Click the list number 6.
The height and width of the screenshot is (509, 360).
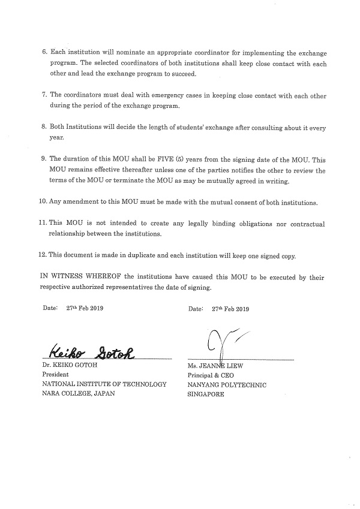click(x=44, y=53)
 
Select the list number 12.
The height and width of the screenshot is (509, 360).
click(x=41, y=255)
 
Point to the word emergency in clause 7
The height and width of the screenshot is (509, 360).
click(x=166, y=95)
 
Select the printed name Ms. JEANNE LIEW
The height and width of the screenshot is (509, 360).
click(x=219, y=365)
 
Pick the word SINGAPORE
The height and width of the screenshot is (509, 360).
click(x=206, y=395)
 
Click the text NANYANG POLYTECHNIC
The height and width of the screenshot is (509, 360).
click(x=227, y=385)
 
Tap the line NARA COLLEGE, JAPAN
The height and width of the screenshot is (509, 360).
click(x=78, y=394)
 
